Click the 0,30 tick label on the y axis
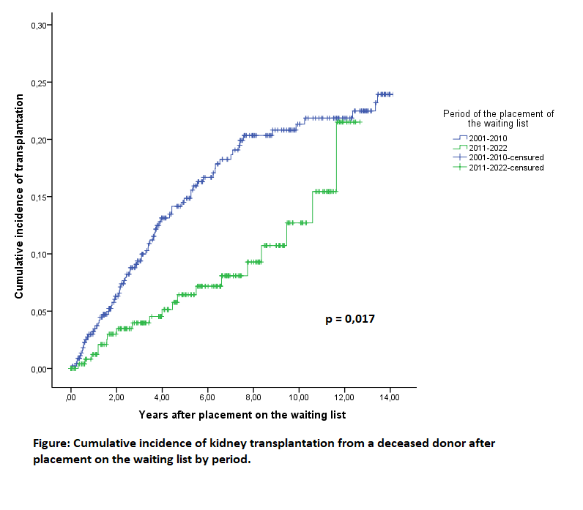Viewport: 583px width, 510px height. coord(38,26)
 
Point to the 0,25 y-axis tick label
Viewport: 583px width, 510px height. coord(38,83)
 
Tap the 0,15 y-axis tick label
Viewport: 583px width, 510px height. coord(38,197)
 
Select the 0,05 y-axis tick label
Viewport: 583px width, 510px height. coord(38,312)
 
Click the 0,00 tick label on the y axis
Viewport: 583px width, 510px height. coord(38,369)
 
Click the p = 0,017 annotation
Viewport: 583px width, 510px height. coord(350,319)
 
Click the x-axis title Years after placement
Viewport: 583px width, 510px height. coord(242,414)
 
